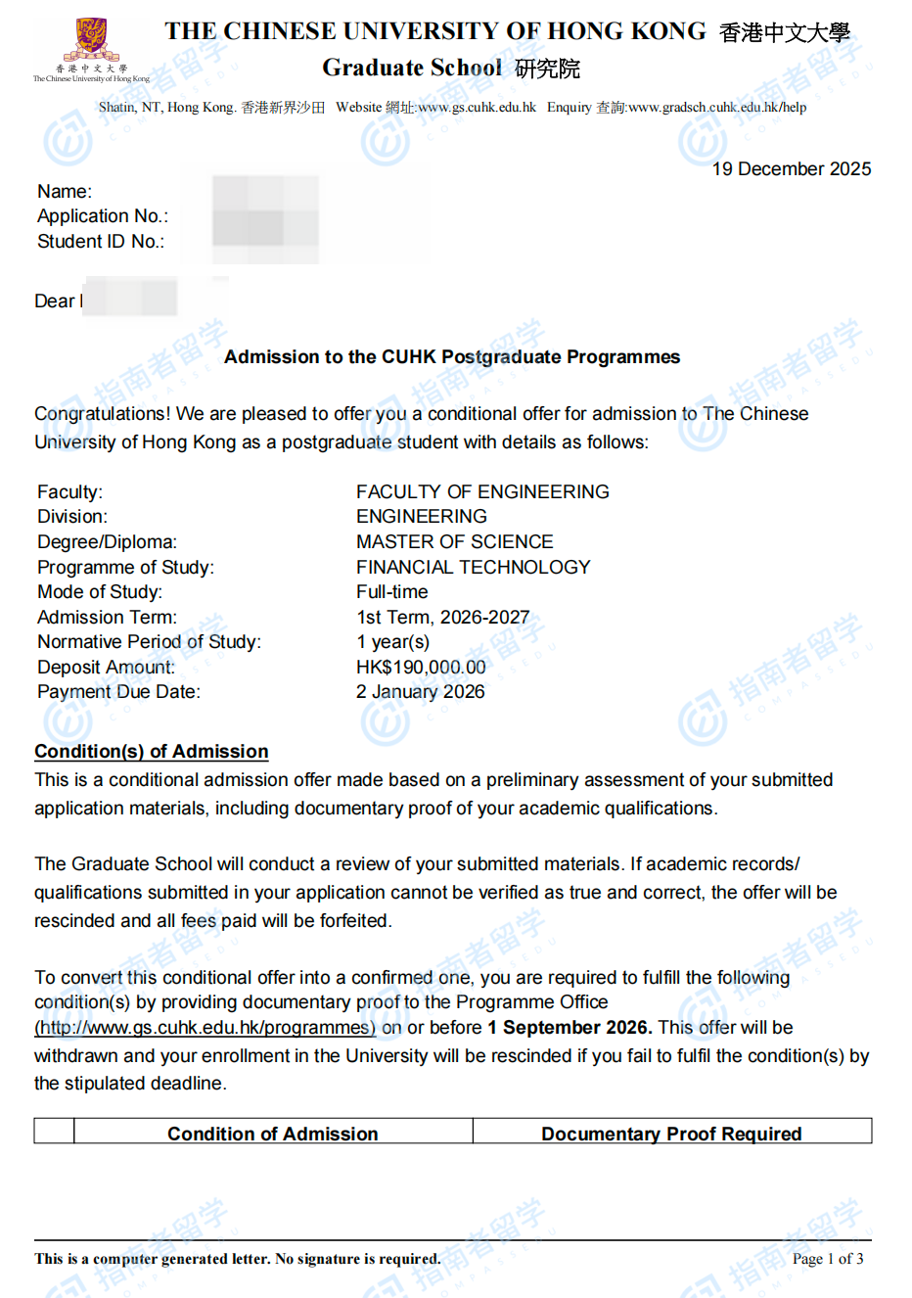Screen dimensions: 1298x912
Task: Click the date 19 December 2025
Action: pos(791,169)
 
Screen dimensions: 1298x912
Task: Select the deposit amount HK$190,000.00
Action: pos(421,667)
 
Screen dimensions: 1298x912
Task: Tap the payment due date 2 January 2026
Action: pos(420,692)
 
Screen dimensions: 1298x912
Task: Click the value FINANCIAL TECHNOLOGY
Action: pos(473,567)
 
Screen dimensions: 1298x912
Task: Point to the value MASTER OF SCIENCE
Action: pos(454,541)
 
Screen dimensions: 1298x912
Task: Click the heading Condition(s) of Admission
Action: pos(151,751)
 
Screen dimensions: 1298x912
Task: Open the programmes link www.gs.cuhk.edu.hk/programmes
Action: pos(205,1028)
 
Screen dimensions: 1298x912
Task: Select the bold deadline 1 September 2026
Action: pos(569,1028)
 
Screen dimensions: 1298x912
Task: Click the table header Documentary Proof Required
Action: pos(671,1134)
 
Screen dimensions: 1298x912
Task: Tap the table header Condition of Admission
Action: pos(272,1134)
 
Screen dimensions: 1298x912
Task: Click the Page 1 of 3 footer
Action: pos(827,1259)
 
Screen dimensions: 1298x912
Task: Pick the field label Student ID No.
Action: pos(101,242)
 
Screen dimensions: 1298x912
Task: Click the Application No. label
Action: pos(103,216)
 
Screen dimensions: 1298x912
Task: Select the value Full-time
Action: pos(391,592)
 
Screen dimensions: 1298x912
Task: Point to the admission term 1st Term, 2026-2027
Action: pos(442,618)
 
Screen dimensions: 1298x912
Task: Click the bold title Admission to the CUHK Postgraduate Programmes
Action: pos(452,357)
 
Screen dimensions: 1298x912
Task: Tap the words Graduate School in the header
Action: pos(411,69)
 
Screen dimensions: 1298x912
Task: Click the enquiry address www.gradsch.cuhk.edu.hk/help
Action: pos(717,108)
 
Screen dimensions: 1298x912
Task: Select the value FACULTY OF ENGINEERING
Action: pos(482,491)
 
